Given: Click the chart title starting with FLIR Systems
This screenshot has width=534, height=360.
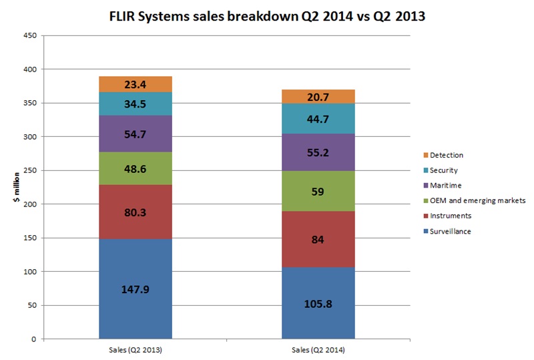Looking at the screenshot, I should (x=266, y=16).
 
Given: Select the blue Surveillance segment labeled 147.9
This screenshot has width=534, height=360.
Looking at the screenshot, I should (x=136, y=289).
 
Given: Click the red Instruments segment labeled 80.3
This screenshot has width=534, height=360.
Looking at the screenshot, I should (x=136, y=212).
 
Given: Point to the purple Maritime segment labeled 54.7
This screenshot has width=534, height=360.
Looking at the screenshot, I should (x=136, y=134).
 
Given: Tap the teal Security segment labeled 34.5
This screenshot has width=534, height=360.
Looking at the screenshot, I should (x=136, y=104).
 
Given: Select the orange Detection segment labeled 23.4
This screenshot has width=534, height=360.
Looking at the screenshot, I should (x=136, y=84).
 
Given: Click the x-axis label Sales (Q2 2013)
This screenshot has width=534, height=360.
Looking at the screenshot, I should (x=136, y=349).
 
